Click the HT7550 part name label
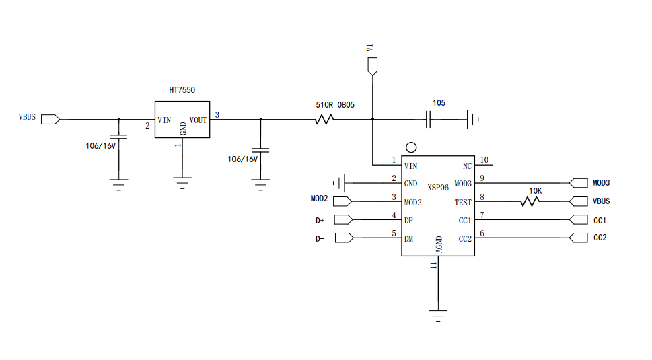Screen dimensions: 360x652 tap(182, 89)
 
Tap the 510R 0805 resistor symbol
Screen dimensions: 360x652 tap(324, 120)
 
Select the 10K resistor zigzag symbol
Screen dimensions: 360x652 tap(531, 201)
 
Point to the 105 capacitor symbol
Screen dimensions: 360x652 tap(429, 120)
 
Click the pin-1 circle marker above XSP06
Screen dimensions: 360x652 tap(410, 147)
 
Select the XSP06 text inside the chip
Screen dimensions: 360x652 tap(437, 187)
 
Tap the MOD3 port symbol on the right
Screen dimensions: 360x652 tap(578, 182)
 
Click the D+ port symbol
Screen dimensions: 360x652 tap(343, 219)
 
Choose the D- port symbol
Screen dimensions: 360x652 tap(343, 238)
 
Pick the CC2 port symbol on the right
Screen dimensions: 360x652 tap(578, 238)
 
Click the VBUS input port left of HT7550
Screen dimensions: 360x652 tap(50, 120)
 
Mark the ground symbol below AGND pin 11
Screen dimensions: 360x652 tap(438, 314)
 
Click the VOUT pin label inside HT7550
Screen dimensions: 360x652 tap(198, 120)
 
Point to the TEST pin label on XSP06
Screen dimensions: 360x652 tap(463, 202)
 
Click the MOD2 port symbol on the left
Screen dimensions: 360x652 tap(343, 201)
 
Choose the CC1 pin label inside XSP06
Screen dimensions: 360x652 tap(465, 220)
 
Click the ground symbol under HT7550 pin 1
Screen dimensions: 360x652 tap(182, 182)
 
